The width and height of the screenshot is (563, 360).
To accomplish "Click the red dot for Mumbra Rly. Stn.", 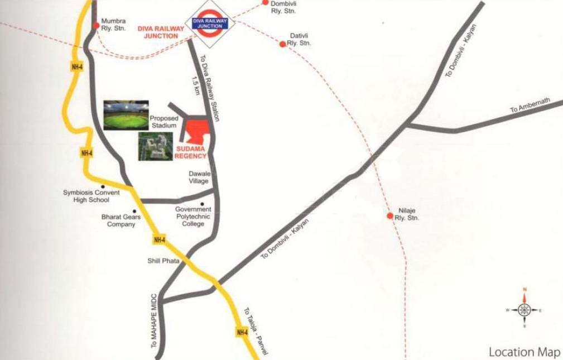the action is pos(97,25).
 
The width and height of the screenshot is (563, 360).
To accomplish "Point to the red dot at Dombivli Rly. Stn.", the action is pos(266,2).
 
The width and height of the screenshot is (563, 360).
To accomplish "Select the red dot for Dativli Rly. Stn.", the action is pos(283,44).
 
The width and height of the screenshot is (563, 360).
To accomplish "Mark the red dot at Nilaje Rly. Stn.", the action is pos(390,215).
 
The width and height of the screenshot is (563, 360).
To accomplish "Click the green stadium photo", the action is pos(126,115).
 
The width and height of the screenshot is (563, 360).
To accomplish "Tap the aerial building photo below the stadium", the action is pos(156,147).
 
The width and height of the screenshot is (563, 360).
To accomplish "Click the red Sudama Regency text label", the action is pos(190,152).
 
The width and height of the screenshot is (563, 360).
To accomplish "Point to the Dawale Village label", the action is pos(199,177).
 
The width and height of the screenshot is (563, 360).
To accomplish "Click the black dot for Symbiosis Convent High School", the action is pos(103,186).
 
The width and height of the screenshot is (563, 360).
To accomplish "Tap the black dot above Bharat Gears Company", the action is pos(134,211).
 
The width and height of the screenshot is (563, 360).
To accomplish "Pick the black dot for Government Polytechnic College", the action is pos(202,204).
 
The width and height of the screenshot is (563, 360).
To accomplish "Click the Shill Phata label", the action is pos(163,261).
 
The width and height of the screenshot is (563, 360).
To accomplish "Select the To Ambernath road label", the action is pos(530,105).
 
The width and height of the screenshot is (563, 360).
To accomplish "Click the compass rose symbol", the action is pos(524,309).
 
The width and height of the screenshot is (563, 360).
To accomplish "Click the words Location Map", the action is pos(524,352).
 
